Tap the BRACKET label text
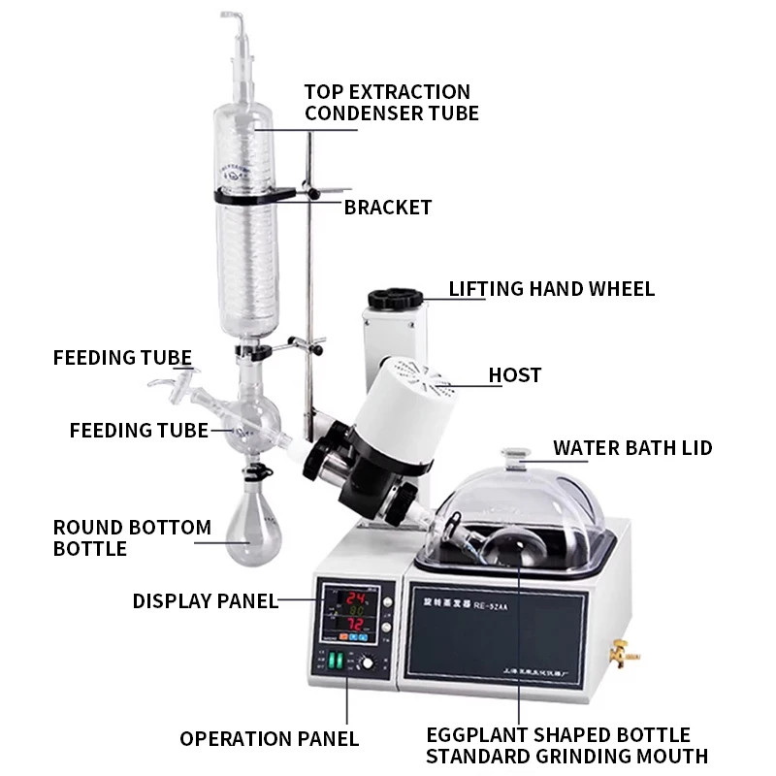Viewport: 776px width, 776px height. pos(388,208)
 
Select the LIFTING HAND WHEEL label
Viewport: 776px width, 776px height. pos(551,289)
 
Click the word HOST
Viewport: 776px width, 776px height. pos(515,374)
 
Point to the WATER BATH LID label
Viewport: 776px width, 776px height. pos(632,448)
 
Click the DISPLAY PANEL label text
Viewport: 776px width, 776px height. pos(205,601)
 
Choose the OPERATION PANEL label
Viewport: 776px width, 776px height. pos(269,738)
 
